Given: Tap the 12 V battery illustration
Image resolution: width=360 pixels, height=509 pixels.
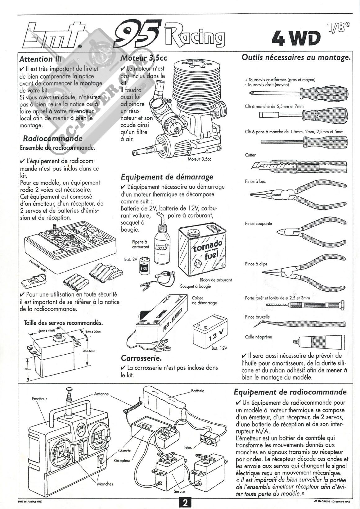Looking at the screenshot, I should [x=209, y=334].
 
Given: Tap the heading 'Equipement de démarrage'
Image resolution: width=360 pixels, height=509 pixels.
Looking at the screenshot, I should [x=167, y=177].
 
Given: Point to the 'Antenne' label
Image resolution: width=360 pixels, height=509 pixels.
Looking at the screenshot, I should [x=101, y=394].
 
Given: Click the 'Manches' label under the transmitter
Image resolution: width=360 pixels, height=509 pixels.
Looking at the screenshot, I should [x=105, y=484].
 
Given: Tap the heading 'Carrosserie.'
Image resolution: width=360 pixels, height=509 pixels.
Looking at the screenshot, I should [x=141, y=358].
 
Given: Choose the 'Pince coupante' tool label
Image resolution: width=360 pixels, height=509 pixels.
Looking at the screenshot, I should [x=258, y=223].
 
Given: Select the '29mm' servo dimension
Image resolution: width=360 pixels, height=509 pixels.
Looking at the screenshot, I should [x=28, y=369].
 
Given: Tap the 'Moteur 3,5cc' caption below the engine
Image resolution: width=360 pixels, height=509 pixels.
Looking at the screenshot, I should [x=199, y=159].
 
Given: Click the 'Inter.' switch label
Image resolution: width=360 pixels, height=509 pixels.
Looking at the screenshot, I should [x=187, y=448].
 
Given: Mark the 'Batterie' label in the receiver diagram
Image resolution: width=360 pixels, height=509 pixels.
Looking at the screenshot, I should [x=198, y=391].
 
